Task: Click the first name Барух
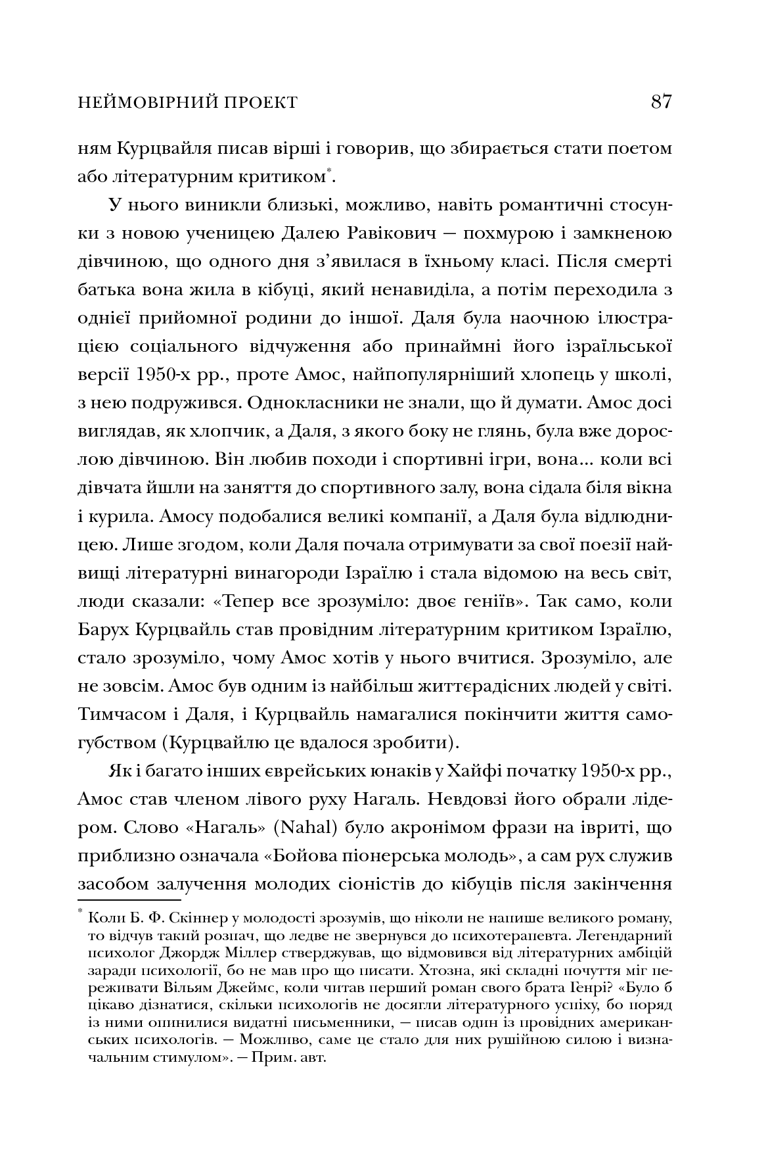(x=104, y=629)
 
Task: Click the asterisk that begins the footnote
(x=81, y=911)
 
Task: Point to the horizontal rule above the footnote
(x=129, y=899)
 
